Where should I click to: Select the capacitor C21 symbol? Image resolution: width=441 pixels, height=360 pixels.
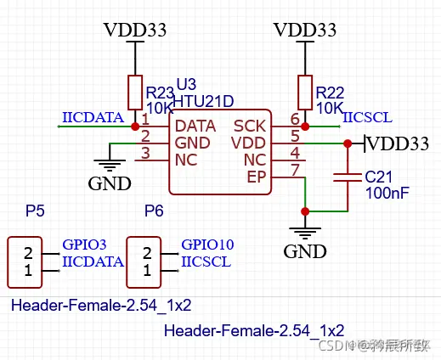point(348,177)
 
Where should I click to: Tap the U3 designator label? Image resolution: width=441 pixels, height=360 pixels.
point(185,85)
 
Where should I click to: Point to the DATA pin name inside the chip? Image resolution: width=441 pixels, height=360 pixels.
point(195,126)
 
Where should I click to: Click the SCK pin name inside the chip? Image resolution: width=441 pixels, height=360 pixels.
point(250,126)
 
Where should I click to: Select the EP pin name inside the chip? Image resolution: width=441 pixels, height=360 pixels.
point(256,177)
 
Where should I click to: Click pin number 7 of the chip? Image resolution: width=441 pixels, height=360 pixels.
point(294,170)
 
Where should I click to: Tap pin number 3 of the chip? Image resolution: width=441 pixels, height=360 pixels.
point(145,153)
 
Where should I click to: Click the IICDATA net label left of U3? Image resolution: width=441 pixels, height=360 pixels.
point(93,118)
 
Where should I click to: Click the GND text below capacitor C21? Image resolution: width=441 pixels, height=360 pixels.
point(305,251)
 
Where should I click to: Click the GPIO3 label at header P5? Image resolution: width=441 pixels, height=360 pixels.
point(83,245)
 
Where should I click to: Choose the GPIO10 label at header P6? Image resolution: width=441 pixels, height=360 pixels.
point(207,245)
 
